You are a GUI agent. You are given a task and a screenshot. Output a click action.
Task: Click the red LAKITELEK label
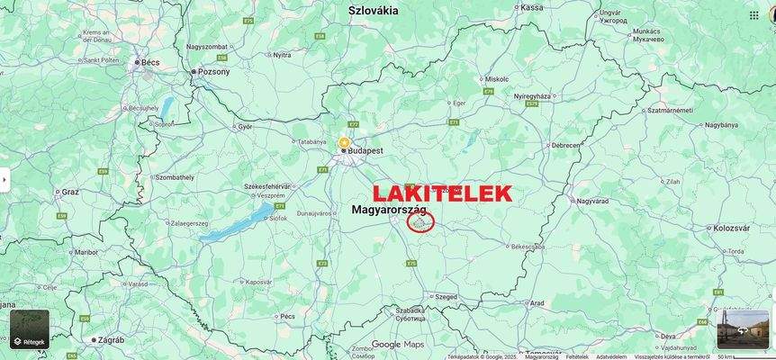442,193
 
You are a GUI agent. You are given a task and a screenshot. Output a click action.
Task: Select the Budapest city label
365,151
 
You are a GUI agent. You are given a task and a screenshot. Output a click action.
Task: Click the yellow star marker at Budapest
343,142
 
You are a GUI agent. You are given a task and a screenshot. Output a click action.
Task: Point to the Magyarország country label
388,210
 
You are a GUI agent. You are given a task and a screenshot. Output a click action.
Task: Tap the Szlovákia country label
373,11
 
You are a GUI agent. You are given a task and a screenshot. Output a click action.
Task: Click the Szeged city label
446,296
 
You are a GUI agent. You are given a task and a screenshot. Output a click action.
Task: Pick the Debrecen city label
565,145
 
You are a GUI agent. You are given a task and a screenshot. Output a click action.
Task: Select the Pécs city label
287,317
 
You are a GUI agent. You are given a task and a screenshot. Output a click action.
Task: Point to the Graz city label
70,192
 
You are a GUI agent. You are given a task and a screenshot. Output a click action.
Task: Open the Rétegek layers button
30,329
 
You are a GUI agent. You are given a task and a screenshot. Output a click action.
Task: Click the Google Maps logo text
398,345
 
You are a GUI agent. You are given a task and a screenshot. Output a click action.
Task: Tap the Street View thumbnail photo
743,329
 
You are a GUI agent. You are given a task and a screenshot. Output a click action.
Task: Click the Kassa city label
532,7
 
